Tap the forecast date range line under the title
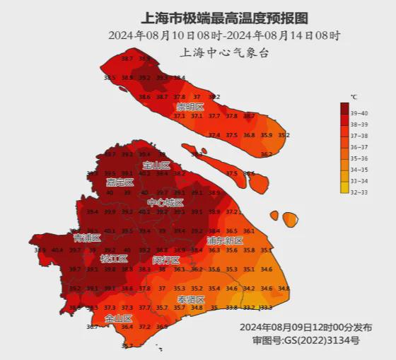(x=224, y=35)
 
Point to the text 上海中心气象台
(x=224, y=52)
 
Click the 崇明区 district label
(x=190, y=107)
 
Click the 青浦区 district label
(x=86, y=238)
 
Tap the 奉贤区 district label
(x=190, y=300)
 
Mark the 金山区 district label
(x=118, y=319)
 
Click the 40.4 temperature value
(x=57, y=250)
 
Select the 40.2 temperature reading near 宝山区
(x=144, y=173)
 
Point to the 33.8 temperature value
(x=231, y=308)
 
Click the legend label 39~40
(x=359, y=112)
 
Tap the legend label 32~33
(x=359, y=192)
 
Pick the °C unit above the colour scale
(x=354, y=96)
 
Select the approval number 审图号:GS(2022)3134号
(x=305, y=340)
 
